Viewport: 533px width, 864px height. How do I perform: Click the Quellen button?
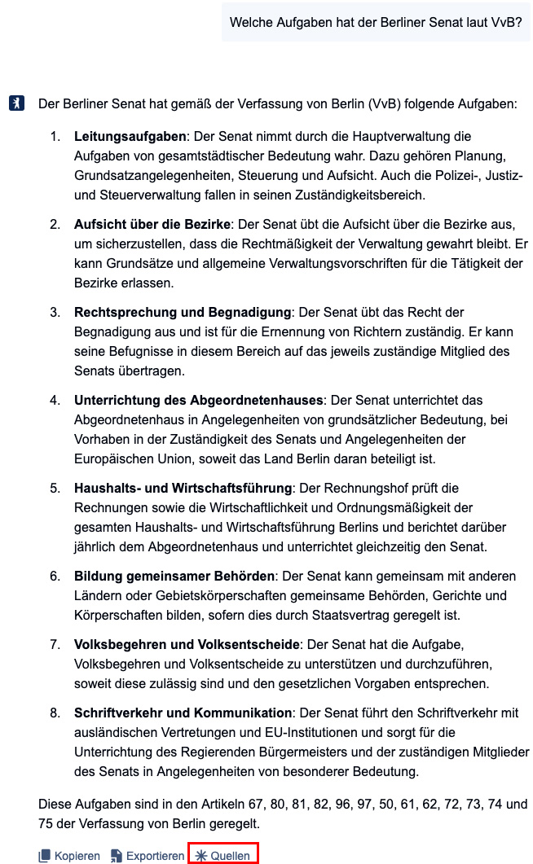point(222,855)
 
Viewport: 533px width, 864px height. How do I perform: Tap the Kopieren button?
point(69,856)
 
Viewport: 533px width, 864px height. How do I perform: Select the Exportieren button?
point(148,856)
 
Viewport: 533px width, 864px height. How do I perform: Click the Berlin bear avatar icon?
point(16,104)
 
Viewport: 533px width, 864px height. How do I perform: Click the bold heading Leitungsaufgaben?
point(130,136)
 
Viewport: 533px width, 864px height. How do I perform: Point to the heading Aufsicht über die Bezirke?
point(152,224)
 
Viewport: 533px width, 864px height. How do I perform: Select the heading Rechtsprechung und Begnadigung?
point(183,312)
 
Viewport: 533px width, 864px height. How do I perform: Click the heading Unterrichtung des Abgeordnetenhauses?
point(199,400)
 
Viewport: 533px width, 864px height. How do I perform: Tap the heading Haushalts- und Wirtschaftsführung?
point(183,488)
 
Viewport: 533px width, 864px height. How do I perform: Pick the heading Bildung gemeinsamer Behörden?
point(174,576)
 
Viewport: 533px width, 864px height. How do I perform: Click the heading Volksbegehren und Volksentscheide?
point(187,644)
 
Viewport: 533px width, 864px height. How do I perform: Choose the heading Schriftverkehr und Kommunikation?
point(183,713)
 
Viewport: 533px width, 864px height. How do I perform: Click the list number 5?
point(55,488)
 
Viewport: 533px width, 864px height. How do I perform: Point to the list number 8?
point(55,713)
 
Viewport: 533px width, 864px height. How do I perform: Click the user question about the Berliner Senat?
point(376,22)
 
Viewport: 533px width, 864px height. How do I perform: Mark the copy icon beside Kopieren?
point(45,856)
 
